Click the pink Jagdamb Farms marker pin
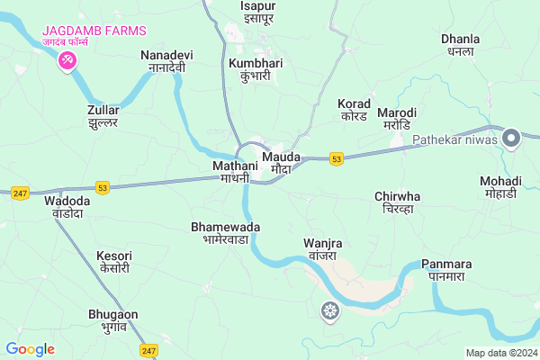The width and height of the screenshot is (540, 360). [67, 60]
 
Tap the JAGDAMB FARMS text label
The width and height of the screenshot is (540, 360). [94, 31]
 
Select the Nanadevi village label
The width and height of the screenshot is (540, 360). [166, 61]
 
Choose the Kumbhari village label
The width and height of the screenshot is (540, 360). [256, 69]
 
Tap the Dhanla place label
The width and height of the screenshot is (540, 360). [460, 45]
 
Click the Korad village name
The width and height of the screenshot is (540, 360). [354, 110]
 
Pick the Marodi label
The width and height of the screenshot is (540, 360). [396, 118]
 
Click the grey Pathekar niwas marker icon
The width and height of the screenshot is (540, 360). [511, 139]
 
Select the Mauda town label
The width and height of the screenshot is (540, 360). [280, 163]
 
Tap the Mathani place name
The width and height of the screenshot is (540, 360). [237, 172]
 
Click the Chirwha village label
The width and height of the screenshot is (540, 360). [397, 202]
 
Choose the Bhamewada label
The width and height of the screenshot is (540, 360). [225, 233]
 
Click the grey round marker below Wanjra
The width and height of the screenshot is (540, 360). [331, 311]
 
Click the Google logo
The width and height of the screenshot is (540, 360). [30, 348]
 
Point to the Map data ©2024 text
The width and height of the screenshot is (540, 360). [499, 352]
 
